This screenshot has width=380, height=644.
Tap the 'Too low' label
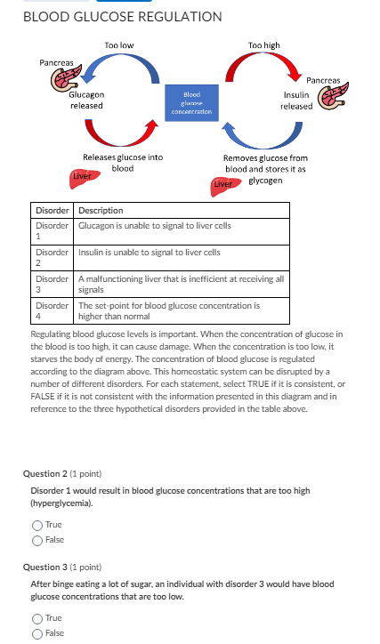pos(118,44)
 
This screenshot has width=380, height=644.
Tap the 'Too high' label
pos(263,44)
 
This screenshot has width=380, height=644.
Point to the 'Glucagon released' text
pos(86,100)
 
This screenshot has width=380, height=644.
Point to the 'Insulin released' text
pos(296,100)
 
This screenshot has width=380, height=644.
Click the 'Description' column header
pos(101,211)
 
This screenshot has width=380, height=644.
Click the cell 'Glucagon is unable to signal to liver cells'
pos(154,226)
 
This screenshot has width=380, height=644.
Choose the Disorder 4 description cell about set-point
pos(168,310)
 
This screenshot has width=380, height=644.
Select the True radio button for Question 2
pos(37,525)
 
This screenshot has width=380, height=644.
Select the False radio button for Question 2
pos(37,539)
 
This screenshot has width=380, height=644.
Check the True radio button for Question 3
pos(37,617)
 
